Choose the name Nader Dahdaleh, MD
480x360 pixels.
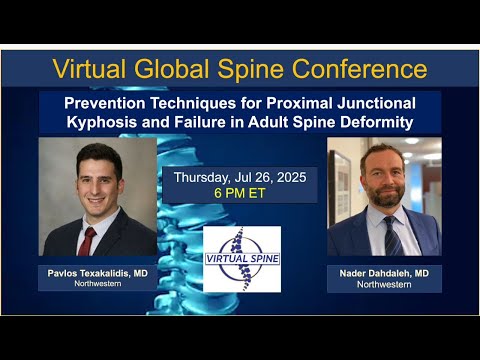[x=384, y=272]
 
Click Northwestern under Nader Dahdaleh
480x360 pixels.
[x=384, y=284]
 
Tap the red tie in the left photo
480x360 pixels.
[x=89, y=240]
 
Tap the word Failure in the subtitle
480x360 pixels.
[x=206, y=122]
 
